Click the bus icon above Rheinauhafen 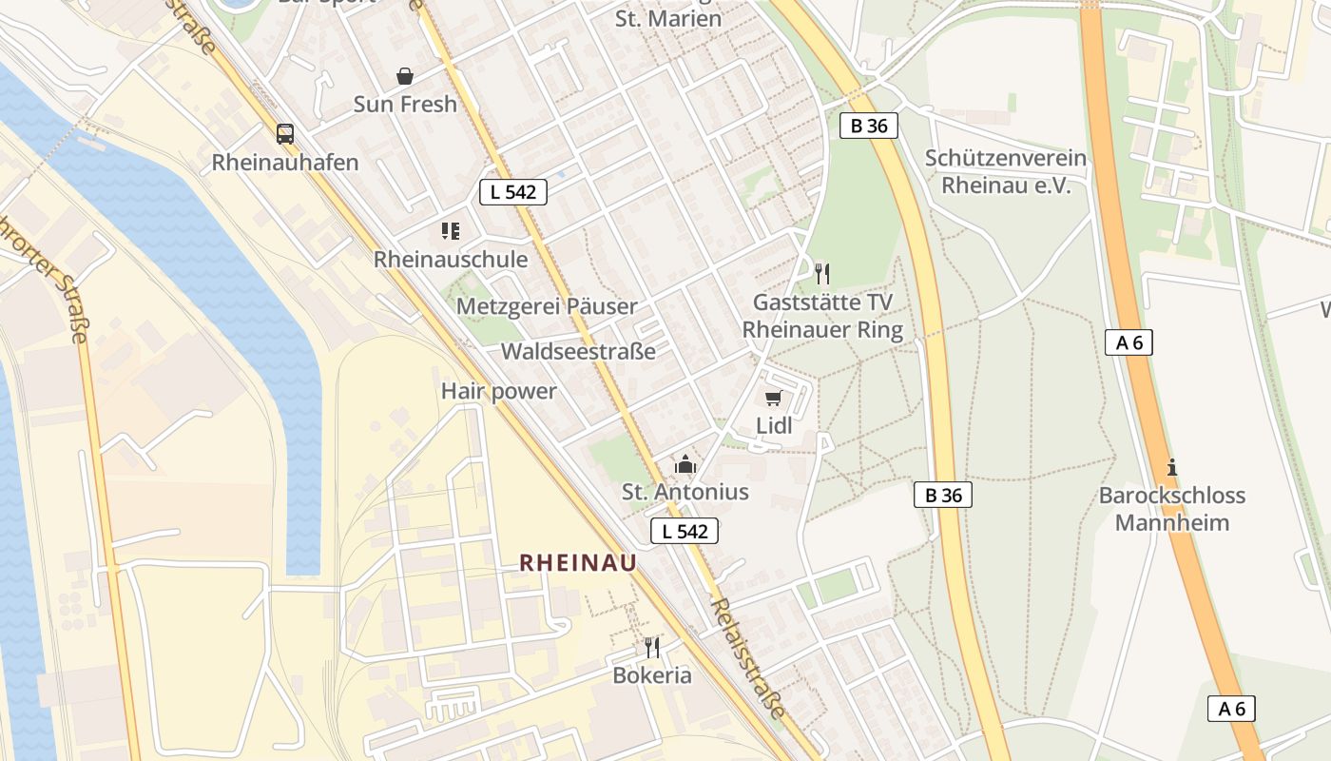[x=284, y=133]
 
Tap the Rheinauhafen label [x=284, y=162]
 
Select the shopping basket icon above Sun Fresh [x=405, y=76]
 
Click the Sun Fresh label [x=405, y=104]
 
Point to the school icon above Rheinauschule [x=451, y=230]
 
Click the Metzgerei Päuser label [x=547, y=306]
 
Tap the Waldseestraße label [x=578, y=351]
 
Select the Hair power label [x=498, y=391]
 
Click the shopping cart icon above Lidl [x=773, y=398]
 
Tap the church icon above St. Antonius [x=685, y=464]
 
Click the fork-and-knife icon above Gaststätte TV [x=822, y=274]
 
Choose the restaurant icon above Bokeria [x=651, y=648]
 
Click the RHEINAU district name [x=578, y=563]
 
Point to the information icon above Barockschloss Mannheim [x=1171, y=467]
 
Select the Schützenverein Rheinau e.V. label [x=1006, y=171]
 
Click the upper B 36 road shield [x=869, y=125]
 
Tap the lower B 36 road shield [x=943, y=495]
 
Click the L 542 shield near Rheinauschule [x=513, y=191]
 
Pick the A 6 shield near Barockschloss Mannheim [x=1128, y=342]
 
